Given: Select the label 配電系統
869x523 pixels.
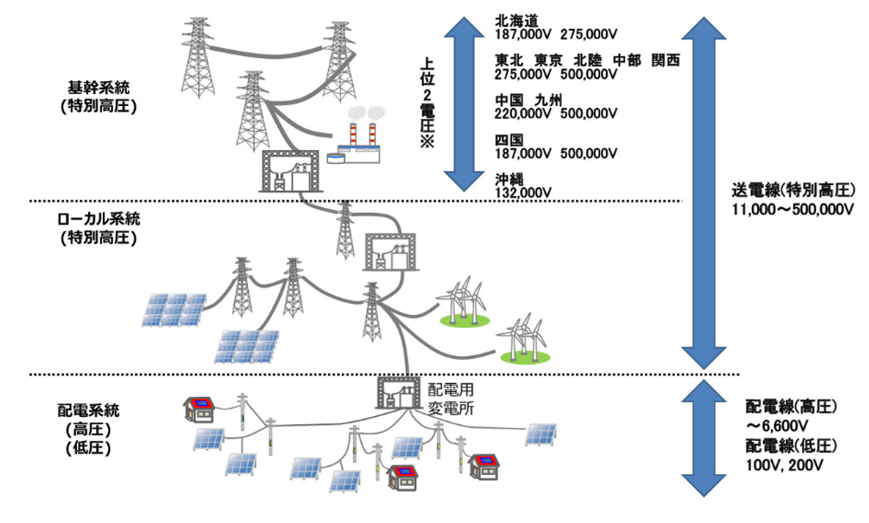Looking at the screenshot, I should pos(93,411).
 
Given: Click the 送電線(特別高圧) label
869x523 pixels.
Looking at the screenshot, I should pos(795,192).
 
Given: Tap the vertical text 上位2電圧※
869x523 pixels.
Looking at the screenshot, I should pos(427,100).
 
